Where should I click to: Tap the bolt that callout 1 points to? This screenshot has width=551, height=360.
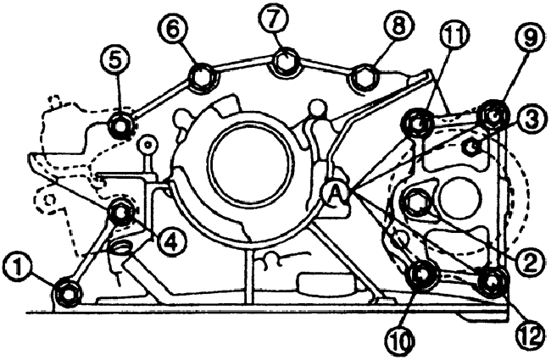[66, 293]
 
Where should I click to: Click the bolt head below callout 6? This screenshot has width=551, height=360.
[202, 78]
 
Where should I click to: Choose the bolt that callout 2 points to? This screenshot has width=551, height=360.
[416, 202]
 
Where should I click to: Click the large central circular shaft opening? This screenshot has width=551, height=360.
[245, 163]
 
